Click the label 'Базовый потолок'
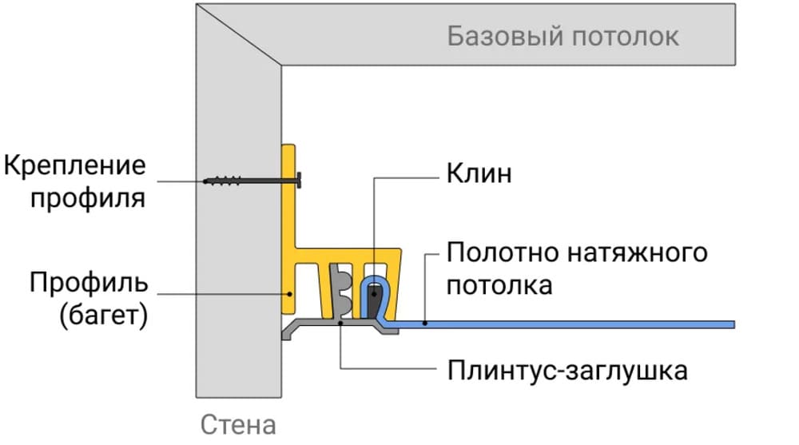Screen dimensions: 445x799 [563, 37]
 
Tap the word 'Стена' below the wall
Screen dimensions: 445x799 [238, 424]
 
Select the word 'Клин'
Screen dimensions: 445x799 [479, 173]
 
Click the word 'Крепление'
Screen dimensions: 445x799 [75, 167]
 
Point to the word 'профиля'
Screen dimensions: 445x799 [89, 197]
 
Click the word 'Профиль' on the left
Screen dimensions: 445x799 [89, 283]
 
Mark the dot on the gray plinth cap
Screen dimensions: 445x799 [340, 324]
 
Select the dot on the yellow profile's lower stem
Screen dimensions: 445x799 [291, 293]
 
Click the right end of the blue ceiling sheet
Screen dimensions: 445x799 [730, 324]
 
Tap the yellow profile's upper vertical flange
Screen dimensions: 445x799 [288, 192]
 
